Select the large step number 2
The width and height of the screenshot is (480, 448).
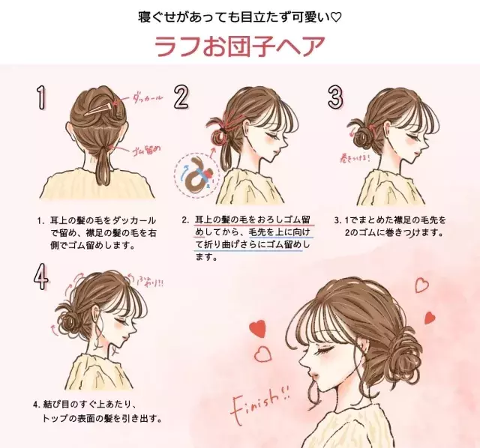[182, 97]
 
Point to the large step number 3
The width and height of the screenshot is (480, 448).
[335, 97]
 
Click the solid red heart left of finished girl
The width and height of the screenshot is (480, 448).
[258, 327]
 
